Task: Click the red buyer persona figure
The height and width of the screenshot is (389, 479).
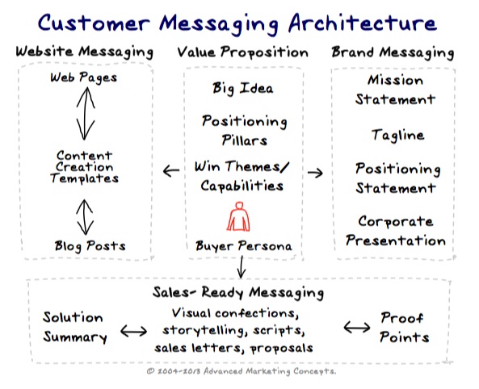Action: click(x=238, y=216)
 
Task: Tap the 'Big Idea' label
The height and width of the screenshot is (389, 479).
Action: click(x=243, y=89)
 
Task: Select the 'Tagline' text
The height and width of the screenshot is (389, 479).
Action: click(x=397, y=136)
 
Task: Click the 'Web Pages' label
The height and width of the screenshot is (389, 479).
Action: click(x=84, y=77)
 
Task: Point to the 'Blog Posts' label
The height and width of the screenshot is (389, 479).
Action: click(x=90, y=246)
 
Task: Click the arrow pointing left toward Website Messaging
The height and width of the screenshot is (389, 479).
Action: click(x=171, y=171)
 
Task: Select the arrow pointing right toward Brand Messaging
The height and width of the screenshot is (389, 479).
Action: click(x=315, y=173)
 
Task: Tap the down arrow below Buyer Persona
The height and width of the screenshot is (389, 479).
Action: click(x=242, y=267)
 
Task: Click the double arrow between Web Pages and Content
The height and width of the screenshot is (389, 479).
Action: click(x=86, y=114)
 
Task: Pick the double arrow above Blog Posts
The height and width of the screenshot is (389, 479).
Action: click(x=85, y=217)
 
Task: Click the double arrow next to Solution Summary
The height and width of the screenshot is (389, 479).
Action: click(x=133, y=331)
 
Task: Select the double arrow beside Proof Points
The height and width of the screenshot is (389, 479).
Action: click(x=357, y=328)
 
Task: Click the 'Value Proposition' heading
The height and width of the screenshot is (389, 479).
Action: click(x=242, y=52)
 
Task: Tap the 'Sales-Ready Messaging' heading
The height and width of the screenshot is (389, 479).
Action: click(x=238, y=292)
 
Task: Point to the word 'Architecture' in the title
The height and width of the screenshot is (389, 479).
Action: click(x=363, y=23)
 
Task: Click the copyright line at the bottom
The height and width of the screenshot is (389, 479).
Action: click(x=242, y=371)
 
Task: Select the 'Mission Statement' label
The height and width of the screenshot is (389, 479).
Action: click(x=395, y=90)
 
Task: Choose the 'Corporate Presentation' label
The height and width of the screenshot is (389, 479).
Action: click(x=396, y=231)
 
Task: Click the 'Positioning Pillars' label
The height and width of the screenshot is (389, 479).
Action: click(x=245, y=131)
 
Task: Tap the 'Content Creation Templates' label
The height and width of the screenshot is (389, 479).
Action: click(x=84, y=167)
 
